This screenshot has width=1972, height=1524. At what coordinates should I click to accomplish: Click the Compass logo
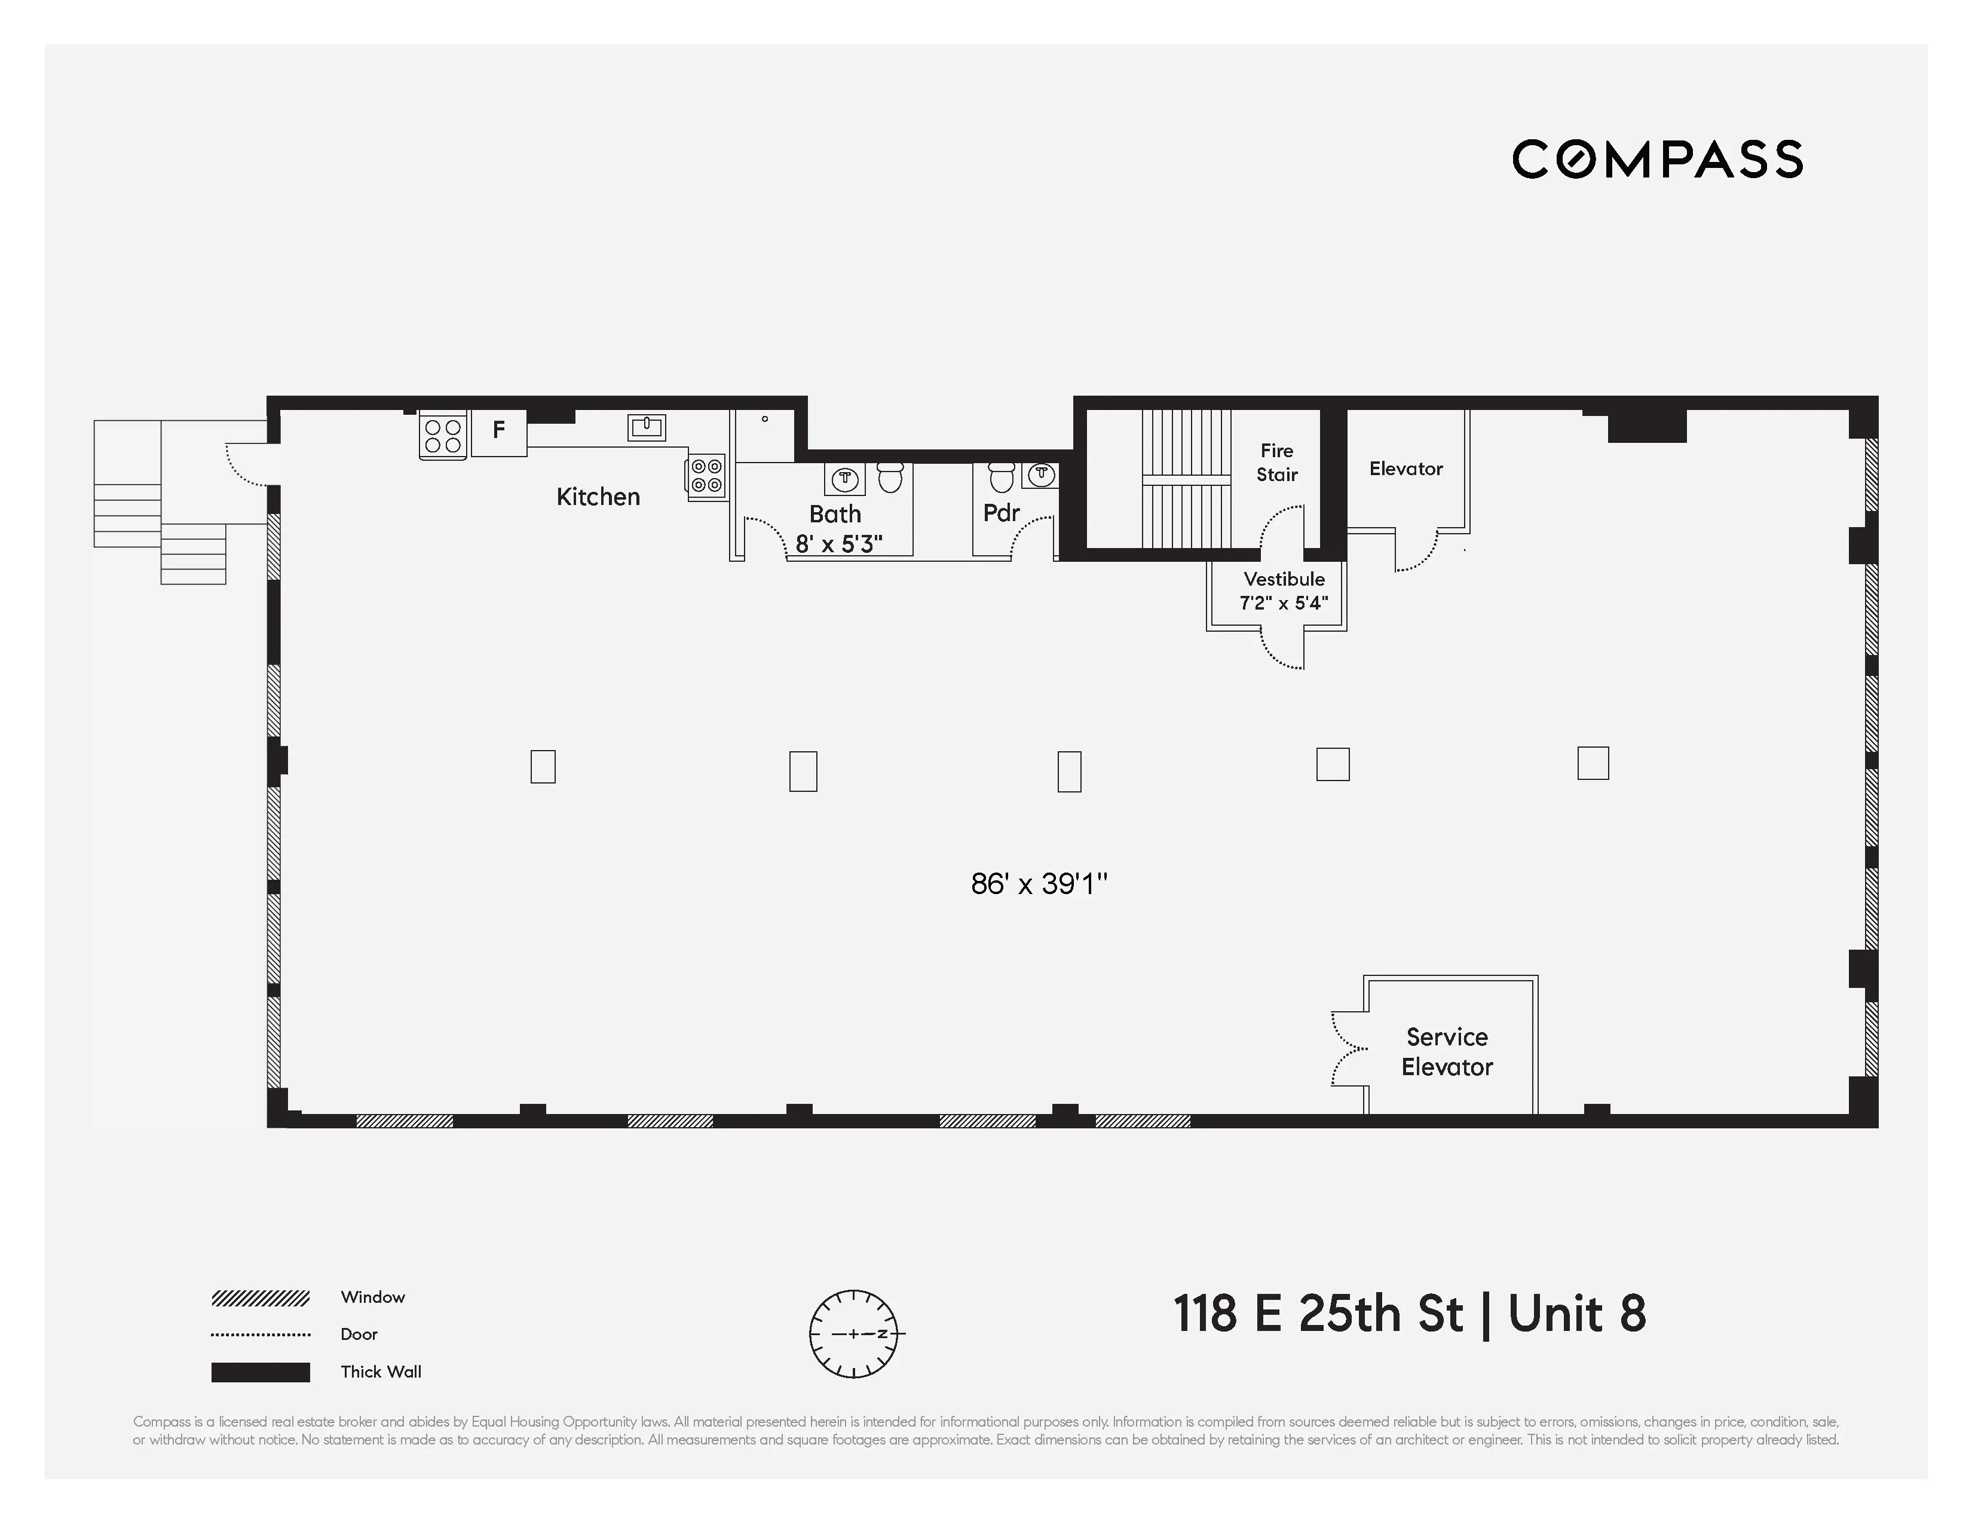pos(1657,159)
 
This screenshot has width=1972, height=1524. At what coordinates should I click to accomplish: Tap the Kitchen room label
pos(598,497)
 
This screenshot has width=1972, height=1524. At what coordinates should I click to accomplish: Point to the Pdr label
pos(1002,513)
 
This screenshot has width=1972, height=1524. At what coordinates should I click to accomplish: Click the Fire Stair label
pos(1277,462)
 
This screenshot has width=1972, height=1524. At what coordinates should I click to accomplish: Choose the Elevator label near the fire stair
pos(1406,469)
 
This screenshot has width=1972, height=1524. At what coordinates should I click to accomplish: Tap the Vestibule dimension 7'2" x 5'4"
pos(1283,603)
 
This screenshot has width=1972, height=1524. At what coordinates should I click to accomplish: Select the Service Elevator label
pos(1447,1052)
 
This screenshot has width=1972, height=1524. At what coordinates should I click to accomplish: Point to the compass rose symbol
pos(854,1333)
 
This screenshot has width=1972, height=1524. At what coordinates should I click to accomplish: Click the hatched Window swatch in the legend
pos(260,1298)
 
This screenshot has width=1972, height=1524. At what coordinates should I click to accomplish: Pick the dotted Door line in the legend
pos(260,1335)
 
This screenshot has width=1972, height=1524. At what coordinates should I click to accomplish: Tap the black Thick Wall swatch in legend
pos(260,1372)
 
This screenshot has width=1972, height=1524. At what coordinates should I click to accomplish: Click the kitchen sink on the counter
pos(647,427)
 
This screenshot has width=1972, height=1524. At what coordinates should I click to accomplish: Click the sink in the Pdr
pos(1041,474)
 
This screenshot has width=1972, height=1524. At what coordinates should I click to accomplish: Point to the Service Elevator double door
pos(1347,1049)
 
